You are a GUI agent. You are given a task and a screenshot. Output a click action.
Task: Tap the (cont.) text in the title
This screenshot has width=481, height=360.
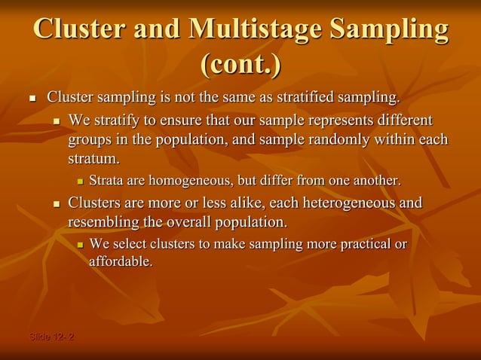(240, 65)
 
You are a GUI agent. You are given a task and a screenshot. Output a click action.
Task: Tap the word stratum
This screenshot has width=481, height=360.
(93, 160)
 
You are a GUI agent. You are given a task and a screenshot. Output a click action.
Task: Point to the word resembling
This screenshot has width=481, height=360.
(103, 223)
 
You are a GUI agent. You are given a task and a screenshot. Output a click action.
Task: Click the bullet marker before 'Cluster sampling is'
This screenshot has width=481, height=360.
(32, 99)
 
